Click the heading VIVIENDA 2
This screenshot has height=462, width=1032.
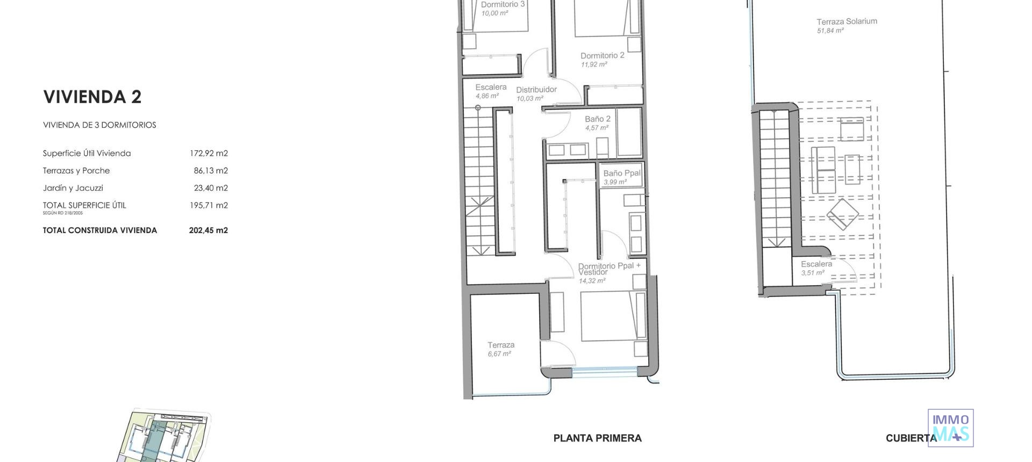tap(92, 97)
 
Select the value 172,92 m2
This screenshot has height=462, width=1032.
tap(209, 153)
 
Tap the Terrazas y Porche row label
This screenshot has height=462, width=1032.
tap(76, 170)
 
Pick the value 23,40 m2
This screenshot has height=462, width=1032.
tap(211, 188)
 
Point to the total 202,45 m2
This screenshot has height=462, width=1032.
tap(209, 230)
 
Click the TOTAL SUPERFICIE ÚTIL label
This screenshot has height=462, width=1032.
tap(84, 205)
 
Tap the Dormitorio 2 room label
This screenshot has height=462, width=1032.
tap(602, 55)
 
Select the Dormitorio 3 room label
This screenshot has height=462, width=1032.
tap(503, 4)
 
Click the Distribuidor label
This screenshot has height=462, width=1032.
tap(536, 90)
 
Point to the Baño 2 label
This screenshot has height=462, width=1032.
tap(597, 119)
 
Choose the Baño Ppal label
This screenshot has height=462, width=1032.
tap(621, 173)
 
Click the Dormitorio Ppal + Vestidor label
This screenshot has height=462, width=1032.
tap(608, 269)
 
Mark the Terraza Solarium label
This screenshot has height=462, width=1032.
tap(847, 21)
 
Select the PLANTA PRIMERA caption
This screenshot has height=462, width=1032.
tap(597, 438)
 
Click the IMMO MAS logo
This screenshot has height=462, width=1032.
tap(950, 428)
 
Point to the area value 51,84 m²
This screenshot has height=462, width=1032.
tap(830, 31)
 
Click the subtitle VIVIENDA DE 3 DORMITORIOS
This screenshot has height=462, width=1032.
tap(99, 125)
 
